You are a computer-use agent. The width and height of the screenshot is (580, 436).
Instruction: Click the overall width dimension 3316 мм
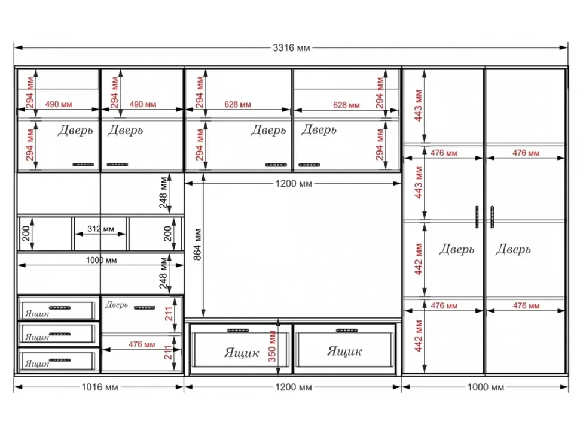[291, 48]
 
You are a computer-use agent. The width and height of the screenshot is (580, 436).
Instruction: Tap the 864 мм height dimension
[197, 244]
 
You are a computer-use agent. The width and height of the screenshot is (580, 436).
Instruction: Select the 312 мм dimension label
[100, 229]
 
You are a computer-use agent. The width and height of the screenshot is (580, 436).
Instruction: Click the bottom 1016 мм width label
[99, 387]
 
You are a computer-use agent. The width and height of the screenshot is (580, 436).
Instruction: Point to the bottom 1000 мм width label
[486, 387]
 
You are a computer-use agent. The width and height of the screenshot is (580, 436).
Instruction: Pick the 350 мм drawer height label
[272, 347]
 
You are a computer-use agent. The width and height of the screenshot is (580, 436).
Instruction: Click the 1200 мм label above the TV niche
[294, 184]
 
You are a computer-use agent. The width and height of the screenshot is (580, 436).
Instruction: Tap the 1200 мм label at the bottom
[294, 387]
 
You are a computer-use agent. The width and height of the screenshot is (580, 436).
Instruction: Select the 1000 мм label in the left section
[102, 261]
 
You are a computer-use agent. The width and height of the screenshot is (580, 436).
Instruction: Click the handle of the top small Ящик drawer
[60, 307]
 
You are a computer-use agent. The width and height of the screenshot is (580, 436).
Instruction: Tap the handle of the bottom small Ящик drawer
[60, 360]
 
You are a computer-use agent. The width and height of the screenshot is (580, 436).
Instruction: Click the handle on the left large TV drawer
[238, 331]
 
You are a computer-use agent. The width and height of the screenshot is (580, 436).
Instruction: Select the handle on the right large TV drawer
[347, 331]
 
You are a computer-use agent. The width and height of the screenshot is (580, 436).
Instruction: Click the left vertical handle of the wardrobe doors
[477, 217]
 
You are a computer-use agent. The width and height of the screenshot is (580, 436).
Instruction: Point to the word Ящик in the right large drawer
[344, 351]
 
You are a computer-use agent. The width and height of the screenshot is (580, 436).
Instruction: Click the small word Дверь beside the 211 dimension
[116, 305]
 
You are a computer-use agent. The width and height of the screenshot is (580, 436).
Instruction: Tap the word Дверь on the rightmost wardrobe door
[513, 249]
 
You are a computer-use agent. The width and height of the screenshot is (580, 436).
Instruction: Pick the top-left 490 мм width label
[59, 104]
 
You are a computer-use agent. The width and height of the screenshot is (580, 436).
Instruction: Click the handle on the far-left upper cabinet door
[83, 165]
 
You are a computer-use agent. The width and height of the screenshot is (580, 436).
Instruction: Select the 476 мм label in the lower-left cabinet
[142, 344]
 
